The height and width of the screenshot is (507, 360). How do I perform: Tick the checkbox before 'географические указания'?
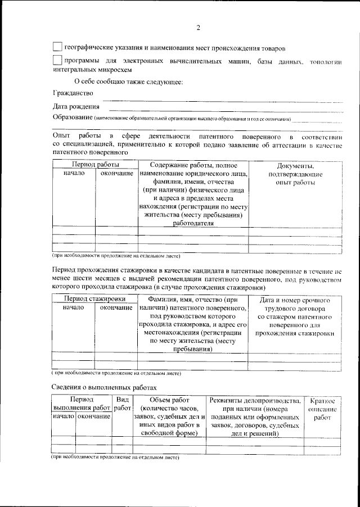(x=57, y=47)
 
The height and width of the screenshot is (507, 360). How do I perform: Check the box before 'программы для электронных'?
(x=57, y=61)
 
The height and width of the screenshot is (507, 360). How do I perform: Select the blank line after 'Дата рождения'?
(x=225, y=107)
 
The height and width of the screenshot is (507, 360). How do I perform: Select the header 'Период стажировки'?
(x=94, y=299)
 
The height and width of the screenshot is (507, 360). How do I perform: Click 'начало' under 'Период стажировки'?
(x=73, y=308)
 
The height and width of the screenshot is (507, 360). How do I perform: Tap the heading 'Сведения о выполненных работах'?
(x=104, y=387)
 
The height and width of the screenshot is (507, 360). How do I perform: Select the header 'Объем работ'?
(x=169, y=400)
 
